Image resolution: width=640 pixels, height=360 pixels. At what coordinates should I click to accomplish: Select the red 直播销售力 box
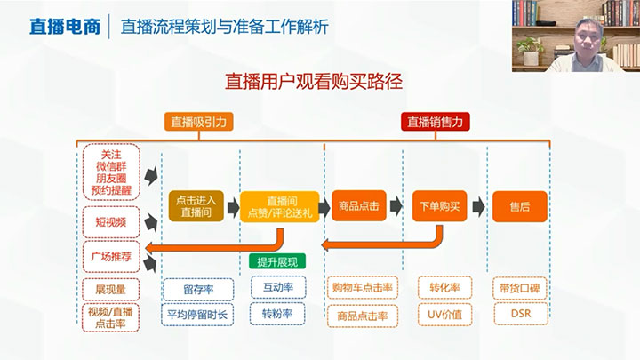pyautogui.click(x=436, y=123)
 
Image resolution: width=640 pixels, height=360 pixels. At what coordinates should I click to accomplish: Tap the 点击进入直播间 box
pyautogui.click(x=195, y=206)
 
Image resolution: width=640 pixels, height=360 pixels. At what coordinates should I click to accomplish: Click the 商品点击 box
pyautogui.click(x=358, y=206)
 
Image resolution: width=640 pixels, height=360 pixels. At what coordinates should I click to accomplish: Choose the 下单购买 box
pyautogui.click(x=439, y=206)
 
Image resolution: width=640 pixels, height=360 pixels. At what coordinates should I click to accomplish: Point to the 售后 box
pyautogui.click(x=519, y=206)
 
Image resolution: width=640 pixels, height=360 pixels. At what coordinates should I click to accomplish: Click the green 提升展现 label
pyautogui.click(x=277, y=261)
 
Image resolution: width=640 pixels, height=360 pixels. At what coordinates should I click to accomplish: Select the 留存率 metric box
pyautogui.click(x=198, y=288)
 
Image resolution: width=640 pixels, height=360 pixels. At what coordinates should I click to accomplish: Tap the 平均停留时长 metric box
pyautogui.click(x=198, y=314)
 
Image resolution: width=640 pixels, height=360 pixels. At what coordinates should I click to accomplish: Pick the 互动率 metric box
pyautogui.click(x=277, y=288)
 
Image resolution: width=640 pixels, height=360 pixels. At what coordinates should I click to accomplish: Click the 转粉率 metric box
pyautogui.click(x=277, y=314)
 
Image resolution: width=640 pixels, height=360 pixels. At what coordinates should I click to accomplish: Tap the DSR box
pyautogui.click(x=519, y=314)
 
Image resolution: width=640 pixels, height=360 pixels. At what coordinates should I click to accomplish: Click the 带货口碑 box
pyautogui.click(x=519, y=288)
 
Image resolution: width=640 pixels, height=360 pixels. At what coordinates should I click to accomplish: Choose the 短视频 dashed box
pyautogui.click(x=110, y=220)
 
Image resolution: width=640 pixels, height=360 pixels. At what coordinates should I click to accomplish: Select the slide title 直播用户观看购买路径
pyautogui.click(x=320, y=82)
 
